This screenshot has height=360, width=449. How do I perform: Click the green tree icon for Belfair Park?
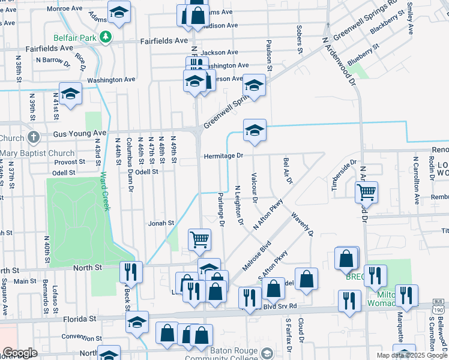pyautogui.click(x=106, y=37)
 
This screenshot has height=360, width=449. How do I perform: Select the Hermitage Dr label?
pyautogui.click(x=222, y=155)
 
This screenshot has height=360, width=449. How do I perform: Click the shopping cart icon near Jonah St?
pyautogui.click(x=200, y=239)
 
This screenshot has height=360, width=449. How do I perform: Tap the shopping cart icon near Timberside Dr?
pyautogui.click(x=366, y=193)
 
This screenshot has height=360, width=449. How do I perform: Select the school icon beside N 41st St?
pyautogui.click(x=71, y=93)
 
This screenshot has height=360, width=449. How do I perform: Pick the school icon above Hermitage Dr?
pyautogui.click(x=255, y=129)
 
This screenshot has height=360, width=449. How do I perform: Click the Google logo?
pyautogui.click(x=20, y=353)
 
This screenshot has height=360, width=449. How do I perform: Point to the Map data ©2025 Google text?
pyautogui.click(x=412, y=355)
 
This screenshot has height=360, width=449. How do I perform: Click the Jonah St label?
pyautogui.click(x=162, y=223)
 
